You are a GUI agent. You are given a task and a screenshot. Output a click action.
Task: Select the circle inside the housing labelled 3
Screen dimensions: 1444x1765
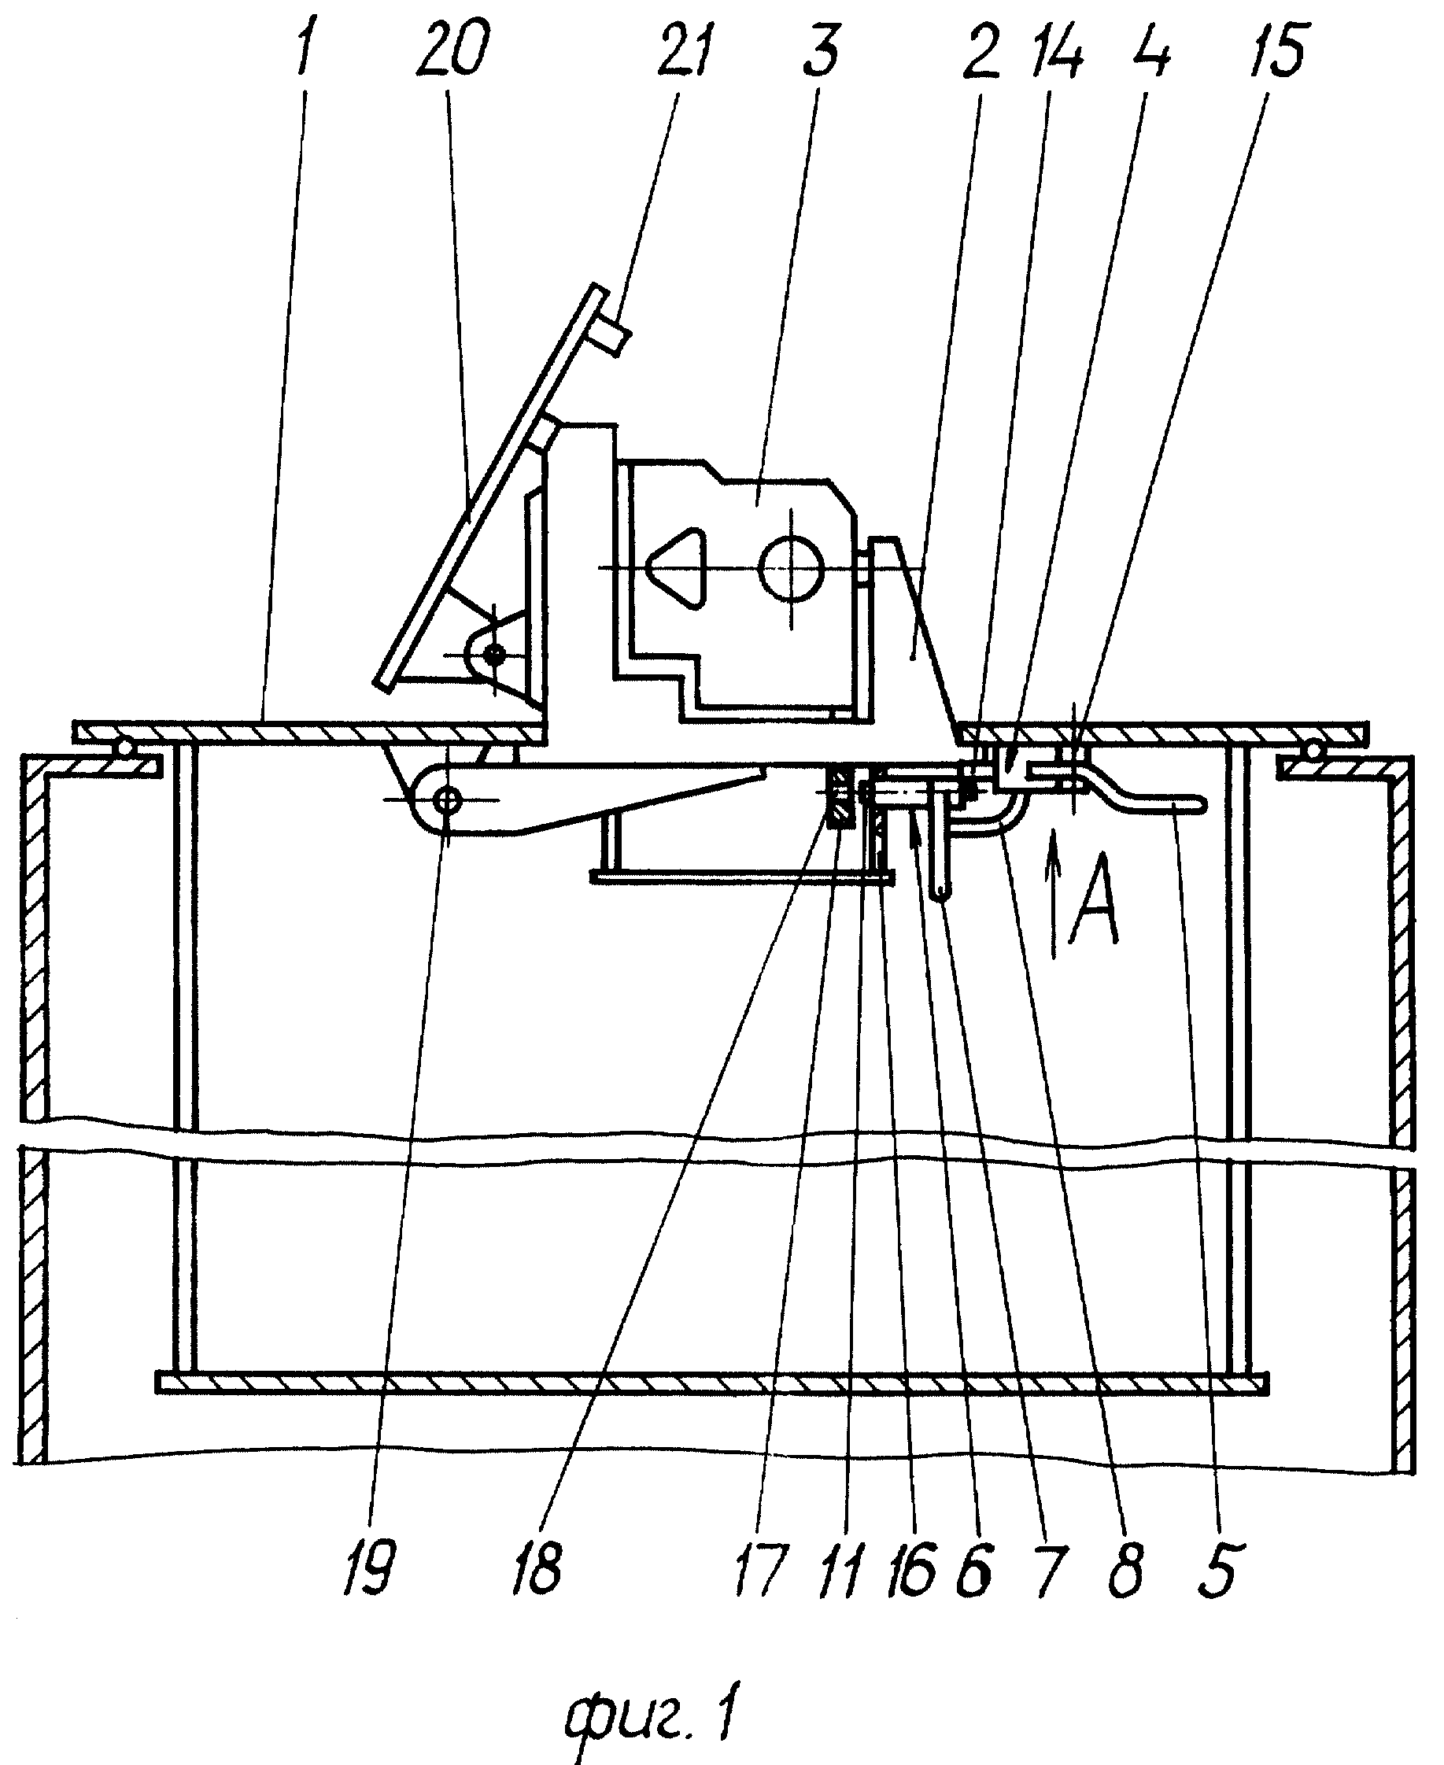[791, 567]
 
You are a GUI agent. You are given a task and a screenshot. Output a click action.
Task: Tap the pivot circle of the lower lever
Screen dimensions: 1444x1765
[448, 802]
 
